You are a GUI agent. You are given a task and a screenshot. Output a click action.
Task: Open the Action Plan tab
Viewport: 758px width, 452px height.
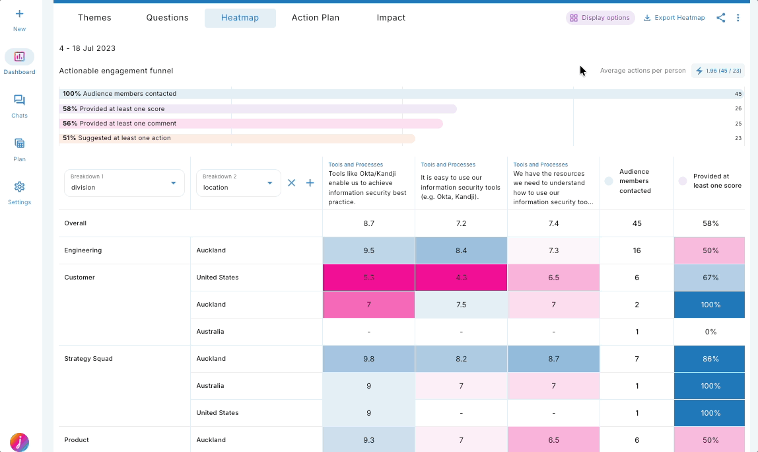(x=316, y=18)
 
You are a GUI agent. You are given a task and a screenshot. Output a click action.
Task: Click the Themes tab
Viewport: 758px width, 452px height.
(x=94, y=18)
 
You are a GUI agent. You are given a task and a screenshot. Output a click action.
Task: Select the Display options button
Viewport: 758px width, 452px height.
(x=600, y=18)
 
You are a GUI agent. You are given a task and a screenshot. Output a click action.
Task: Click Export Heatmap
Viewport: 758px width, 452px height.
(x=674, y=18)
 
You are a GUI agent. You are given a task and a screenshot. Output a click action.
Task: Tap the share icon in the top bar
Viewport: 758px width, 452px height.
(x=720, y=18)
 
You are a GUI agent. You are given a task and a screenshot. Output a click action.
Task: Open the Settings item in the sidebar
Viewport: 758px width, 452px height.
(x=19, y=193)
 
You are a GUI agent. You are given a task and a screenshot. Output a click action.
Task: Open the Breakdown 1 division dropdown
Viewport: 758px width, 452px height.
(x=124, y=183)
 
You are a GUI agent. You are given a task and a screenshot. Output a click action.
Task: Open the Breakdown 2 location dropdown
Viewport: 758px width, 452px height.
(x=238, y=183)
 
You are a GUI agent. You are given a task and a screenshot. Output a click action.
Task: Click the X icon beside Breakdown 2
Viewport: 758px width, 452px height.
(x=291, y=183)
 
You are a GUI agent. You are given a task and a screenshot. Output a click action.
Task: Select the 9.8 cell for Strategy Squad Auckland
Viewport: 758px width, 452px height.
(x=368, y=359)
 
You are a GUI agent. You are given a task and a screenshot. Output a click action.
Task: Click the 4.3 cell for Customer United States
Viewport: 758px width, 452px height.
(x=461, y=278)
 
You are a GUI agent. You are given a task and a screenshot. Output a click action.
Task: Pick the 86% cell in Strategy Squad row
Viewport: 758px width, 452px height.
(x=710, y=359)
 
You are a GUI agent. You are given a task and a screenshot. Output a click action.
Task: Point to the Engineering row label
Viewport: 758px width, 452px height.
(x=83, y=250)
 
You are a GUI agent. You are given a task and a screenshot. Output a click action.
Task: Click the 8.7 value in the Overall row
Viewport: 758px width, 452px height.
(x=368, y=223)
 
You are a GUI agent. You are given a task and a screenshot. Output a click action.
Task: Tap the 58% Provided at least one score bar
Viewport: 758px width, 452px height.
(x=258, y=109)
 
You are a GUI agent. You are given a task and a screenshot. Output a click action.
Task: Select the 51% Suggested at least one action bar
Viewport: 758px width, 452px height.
(x=237, y=138)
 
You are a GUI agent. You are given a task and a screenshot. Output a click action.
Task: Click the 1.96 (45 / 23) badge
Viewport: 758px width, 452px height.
(x=718, y=71)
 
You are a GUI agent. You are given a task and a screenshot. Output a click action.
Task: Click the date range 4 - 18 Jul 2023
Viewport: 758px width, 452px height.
(x=87, y=48)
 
